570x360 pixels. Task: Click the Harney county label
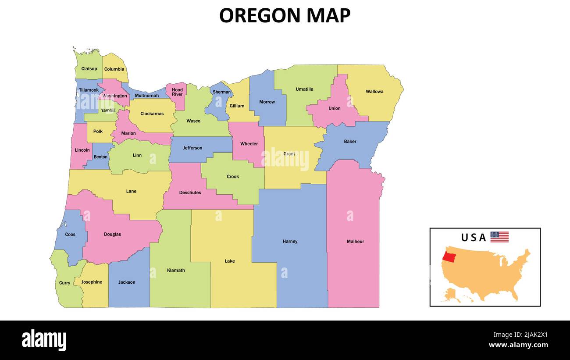[x=290, y=241]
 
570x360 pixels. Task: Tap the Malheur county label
[x=355, y=241]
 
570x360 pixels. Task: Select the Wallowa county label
[x=374, y=92]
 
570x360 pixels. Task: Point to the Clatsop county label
[x=89, y=69]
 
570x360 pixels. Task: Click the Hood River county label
[x=177, y=92]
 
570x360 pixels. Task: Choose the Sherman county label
[x=221, y=92]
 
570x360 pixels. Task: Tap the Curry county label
[x=64, y=283]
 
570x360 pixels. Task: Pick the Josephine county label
[x=92, y=282]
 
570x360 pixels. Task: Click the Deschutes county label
[x=190, y=192]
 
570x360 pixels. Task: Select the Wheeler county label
[x=249, y=144]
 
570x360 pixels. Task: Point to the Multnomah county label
[x=147, y=96]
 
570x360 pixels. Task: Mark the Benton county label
[x=100, y=157]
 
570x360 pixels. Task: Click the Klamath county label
[x=176, y=270]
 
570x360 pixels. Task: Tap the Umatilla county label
[x=304, y=89]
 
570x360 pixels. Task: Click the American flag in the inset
[x=499, y=237]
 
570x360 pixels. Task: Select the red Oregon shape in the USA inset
[x=449, y=256]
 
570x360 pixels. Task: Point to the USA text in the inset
[x=474, y=238]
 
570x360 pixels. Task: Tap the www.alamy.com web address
[x=518, y=345]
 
